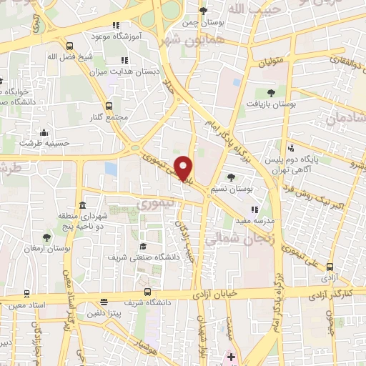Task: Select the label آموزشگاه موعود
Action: point(117,35)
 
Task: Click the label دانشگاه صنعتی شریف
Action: point(142,255)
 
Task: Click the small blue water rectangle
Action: point(110,169)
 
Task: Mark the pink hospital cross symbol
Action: point(231,355)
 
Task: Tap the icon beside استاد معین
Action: point(27,293)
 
